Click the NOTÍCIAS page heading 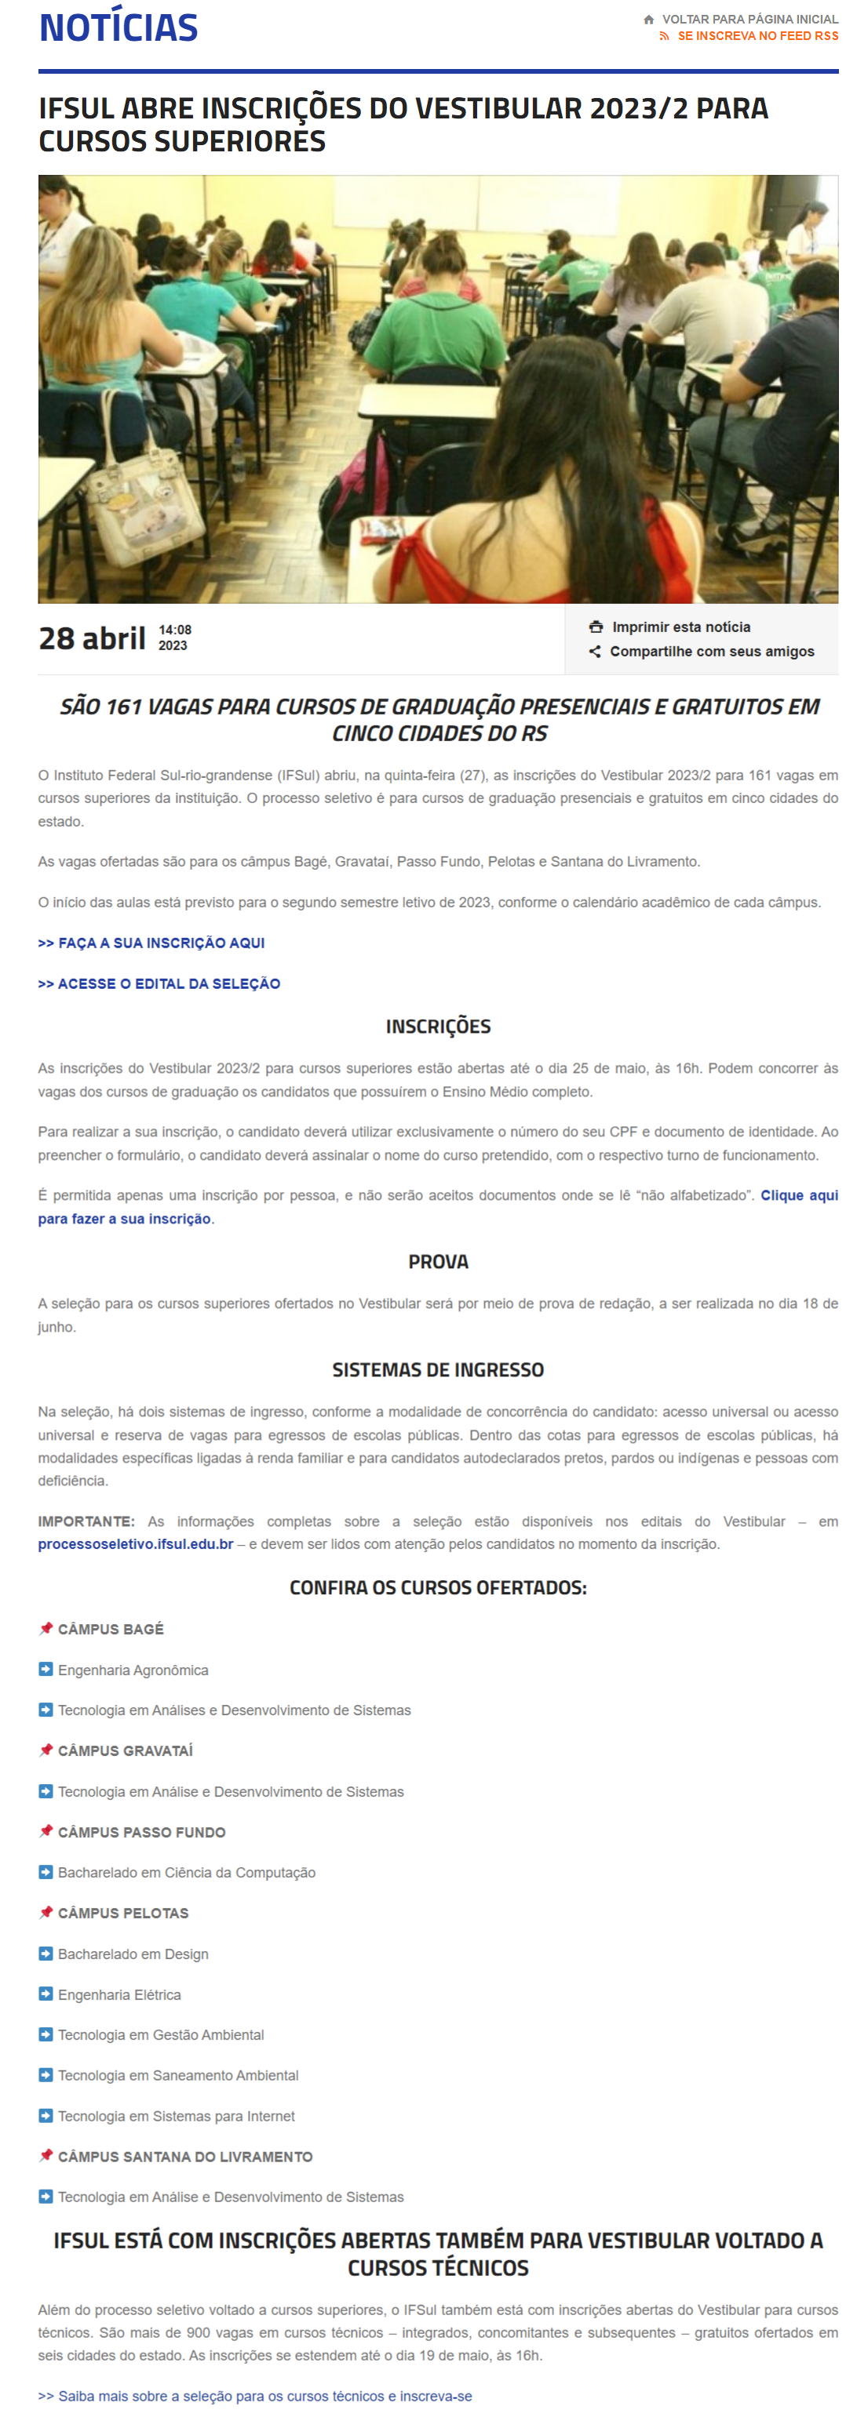click(119, 28)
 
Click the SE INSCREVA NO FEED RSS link click(757, 35)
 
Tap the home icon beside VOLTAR click(648, 19)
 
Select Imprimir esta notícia click(680, 627)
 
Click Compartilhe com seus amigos click(712, 651)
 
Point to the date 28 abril click(92, 638)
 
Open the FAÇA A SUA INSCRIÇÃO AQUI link click(151, 942)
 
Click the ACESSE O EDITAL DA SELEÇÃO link click(159, 983)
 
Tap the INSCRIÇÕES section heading click(437, 1026)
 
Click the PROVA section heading click(437, 1261)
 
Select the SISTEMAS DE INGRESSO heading click(437, 1369)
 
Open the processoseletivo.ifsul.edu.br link click(135, 1543)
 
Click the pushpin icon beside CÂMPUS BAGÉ click(45, 1628)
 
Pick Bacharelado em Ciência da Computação click(186, 1872)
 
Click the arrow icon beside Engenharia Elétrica click(45, 1994)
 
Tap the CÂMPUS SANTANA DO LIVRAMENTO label click(185, 2156)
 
